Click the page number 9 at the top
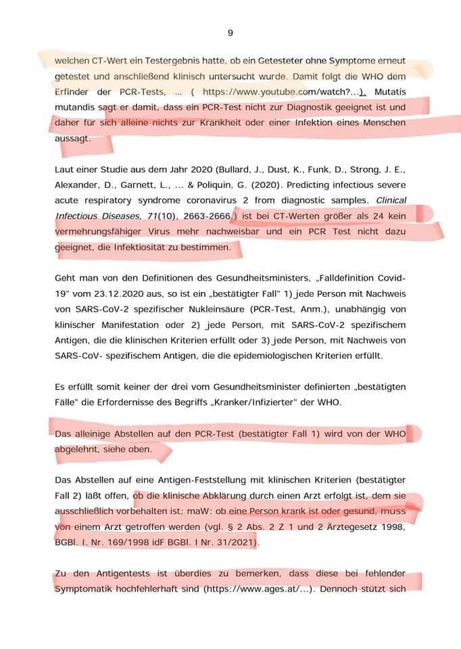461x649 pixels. tap(230, 32)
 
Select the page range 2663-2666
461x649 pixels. tap(205, 216)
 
